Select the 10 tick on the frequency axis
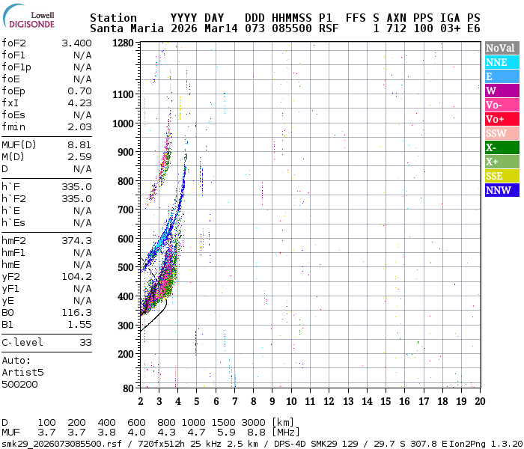coord(291,401)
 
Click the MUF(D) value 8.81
coord(79,144)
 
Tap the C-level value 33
coord(85,342)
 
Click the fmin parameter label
coord(14,126)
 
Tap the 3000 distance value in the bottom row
coord(252,422)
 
